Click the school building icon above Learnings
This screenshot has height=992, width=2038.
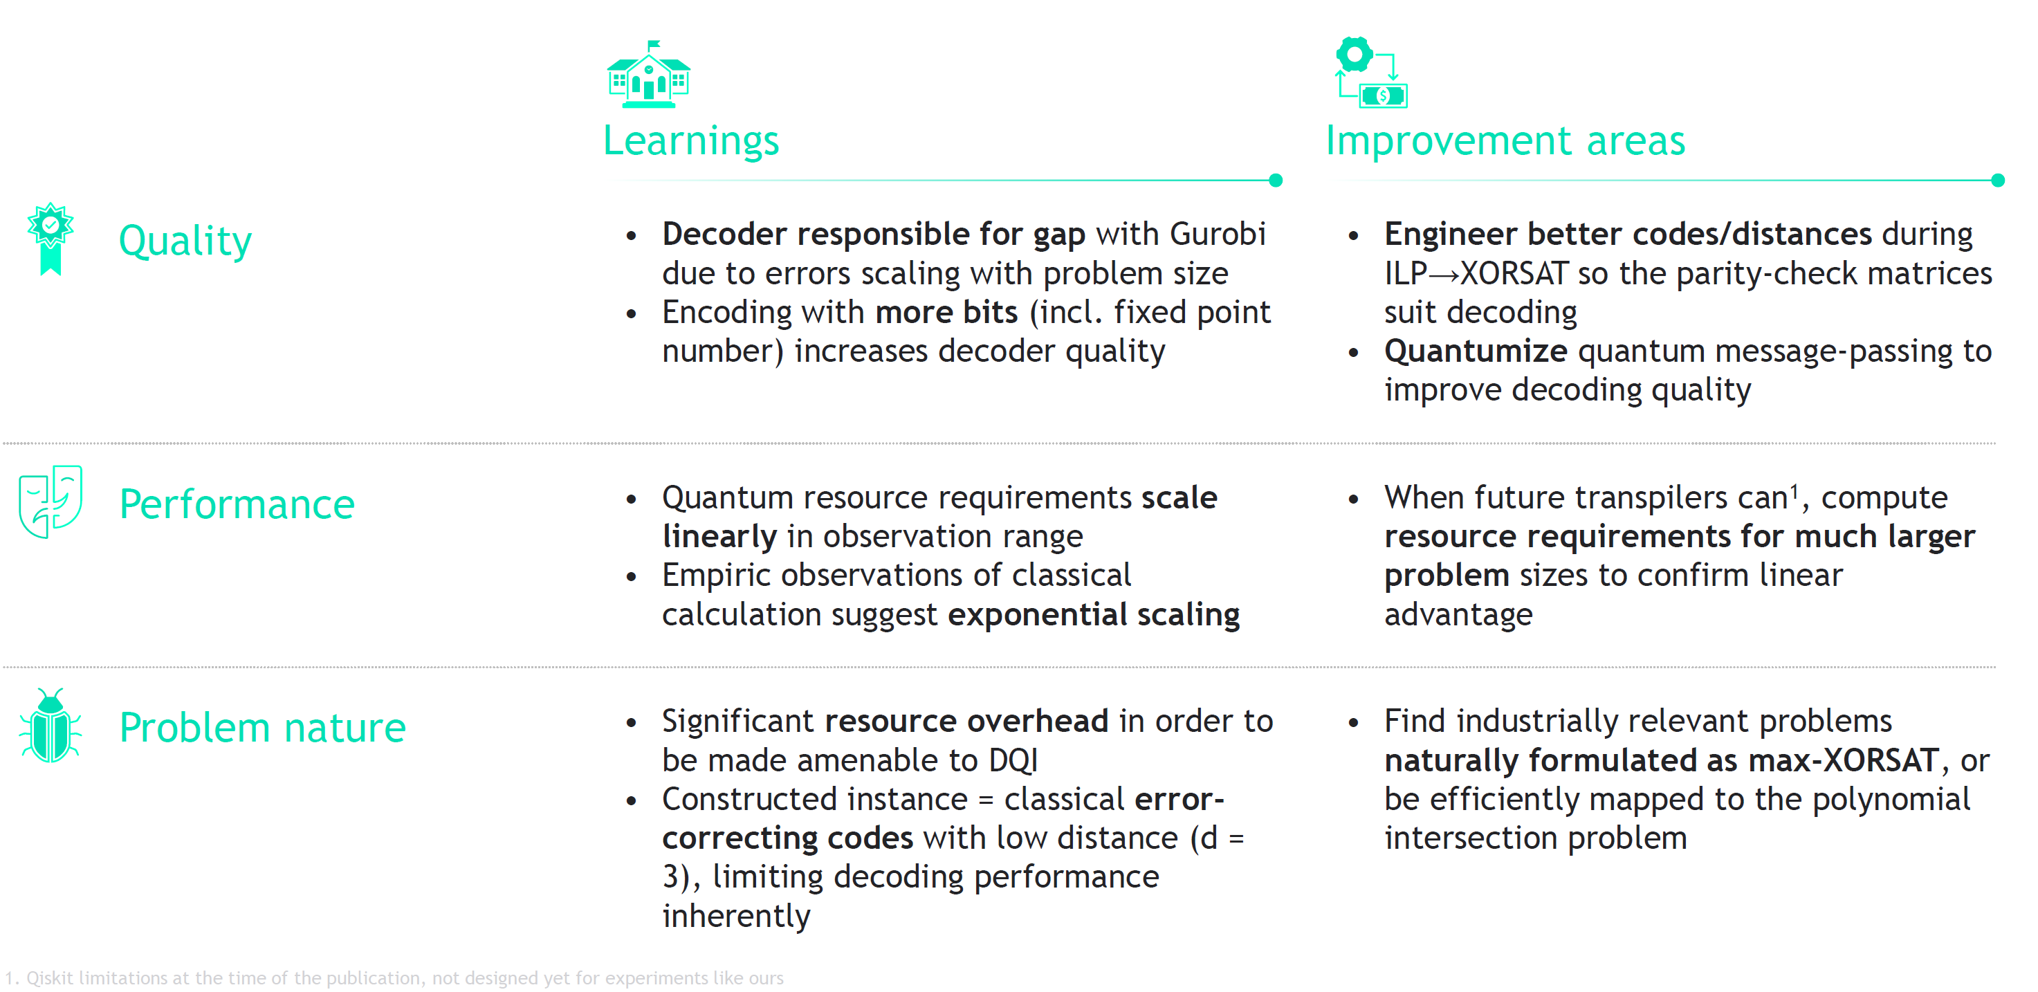pyautogui.click(x=648, y=75)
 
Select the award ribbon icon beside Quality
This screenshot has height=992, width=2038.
pyautogui.click(x=51, y=237)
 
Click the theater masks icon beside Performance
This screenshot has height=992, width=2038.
pyautogui.click(x=51, y=502)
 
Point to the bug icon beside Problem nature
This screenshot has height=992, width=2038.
pyautogui.click(x=51, y=726)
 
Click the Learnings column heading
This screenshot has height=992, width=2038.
pyautogui.click(x=690, y=141)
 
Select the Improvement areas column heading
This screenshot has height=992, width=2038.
pyautogui.click(x=1505, y=141)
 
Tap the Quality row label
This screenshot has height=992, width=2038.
pyautogui.click(x=185, y=241)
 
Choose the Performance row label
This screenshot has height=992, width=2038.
pyautogui.click(x=237, y=504)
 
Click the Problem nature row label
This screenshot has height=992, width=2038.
pyautogui.click(x=262, y=728)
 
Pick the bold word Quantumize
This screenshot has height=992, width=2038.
pyautogui.click(x=1476, y=351)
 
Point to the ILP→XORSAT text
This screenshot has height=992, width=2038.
pyautogui.click(x=1476, y=274)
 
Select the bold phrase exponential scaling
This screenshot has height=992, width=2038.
pyautogui.click(x=1094, y=615)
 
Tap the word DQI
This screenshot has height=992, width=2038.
pyautogui.click(x=1013, y=761)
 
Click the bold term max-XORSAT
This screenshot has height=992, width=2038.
pyautogui.click(x=1843, y=761)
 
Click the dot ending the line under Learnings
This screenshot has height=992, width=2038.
pyautogui.click(x=1276, y=181)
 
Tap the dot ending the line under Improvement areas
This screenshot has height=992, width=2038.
pyautogui.click(x=1998, y=181)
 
